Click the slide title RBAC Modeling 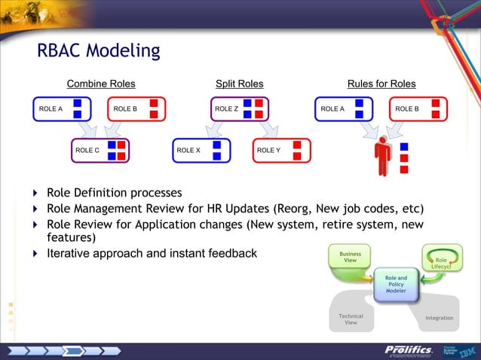(x=98, y=50)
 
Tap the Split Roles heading (x=239, y=84)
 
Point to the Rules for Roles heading (x=381, y=84)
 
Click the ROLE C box (x=100, y=151)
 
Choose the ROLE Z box (x=239, y=109)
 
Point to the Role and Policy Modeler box (x=396, y=284)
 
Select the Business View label (x=351, y=258)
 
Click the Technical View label (x=351, y=319)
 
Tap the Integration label (x=440, y=318)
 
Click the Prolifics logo (x=408, y=349)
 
